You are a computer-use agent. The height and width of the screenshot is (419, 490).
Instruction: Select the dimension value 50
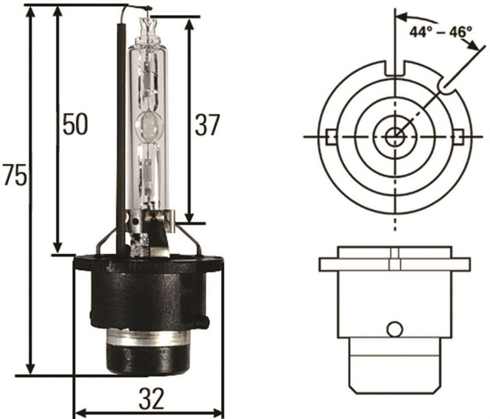75,124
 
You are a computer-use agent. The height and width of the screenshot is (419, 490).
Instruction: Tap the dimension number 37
206,125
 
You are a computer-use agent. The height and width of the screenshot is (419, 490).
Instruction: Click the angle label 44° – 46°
441,31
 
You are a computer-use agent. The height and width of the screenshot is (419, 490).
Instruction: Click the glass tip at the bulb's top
148,25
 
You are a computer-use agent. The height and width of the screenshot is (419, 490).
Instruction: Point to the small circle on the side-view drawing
394,330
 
